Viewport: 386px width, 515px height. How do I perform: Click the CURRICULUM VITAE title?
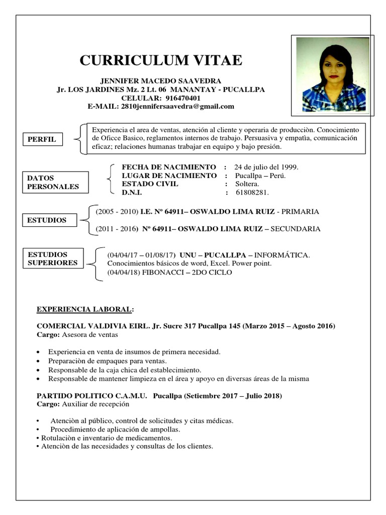coord(161,61)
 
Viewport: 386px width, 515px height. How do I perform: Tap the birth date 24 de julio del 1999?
coord(266,166)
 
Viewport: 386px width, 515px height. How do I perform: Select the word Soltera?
coord(246,184)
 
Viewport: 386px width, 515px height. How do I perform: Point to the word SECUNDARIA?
coord(296,229)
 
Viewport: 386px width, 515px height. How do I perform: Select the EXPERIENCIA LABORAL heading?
coord(86,309)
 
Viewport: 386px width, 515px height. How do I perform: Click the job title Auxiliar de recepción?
coord(95,404)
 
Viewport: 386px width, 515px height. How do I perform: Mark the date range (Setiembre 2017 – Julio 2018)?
coord(233,396)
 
